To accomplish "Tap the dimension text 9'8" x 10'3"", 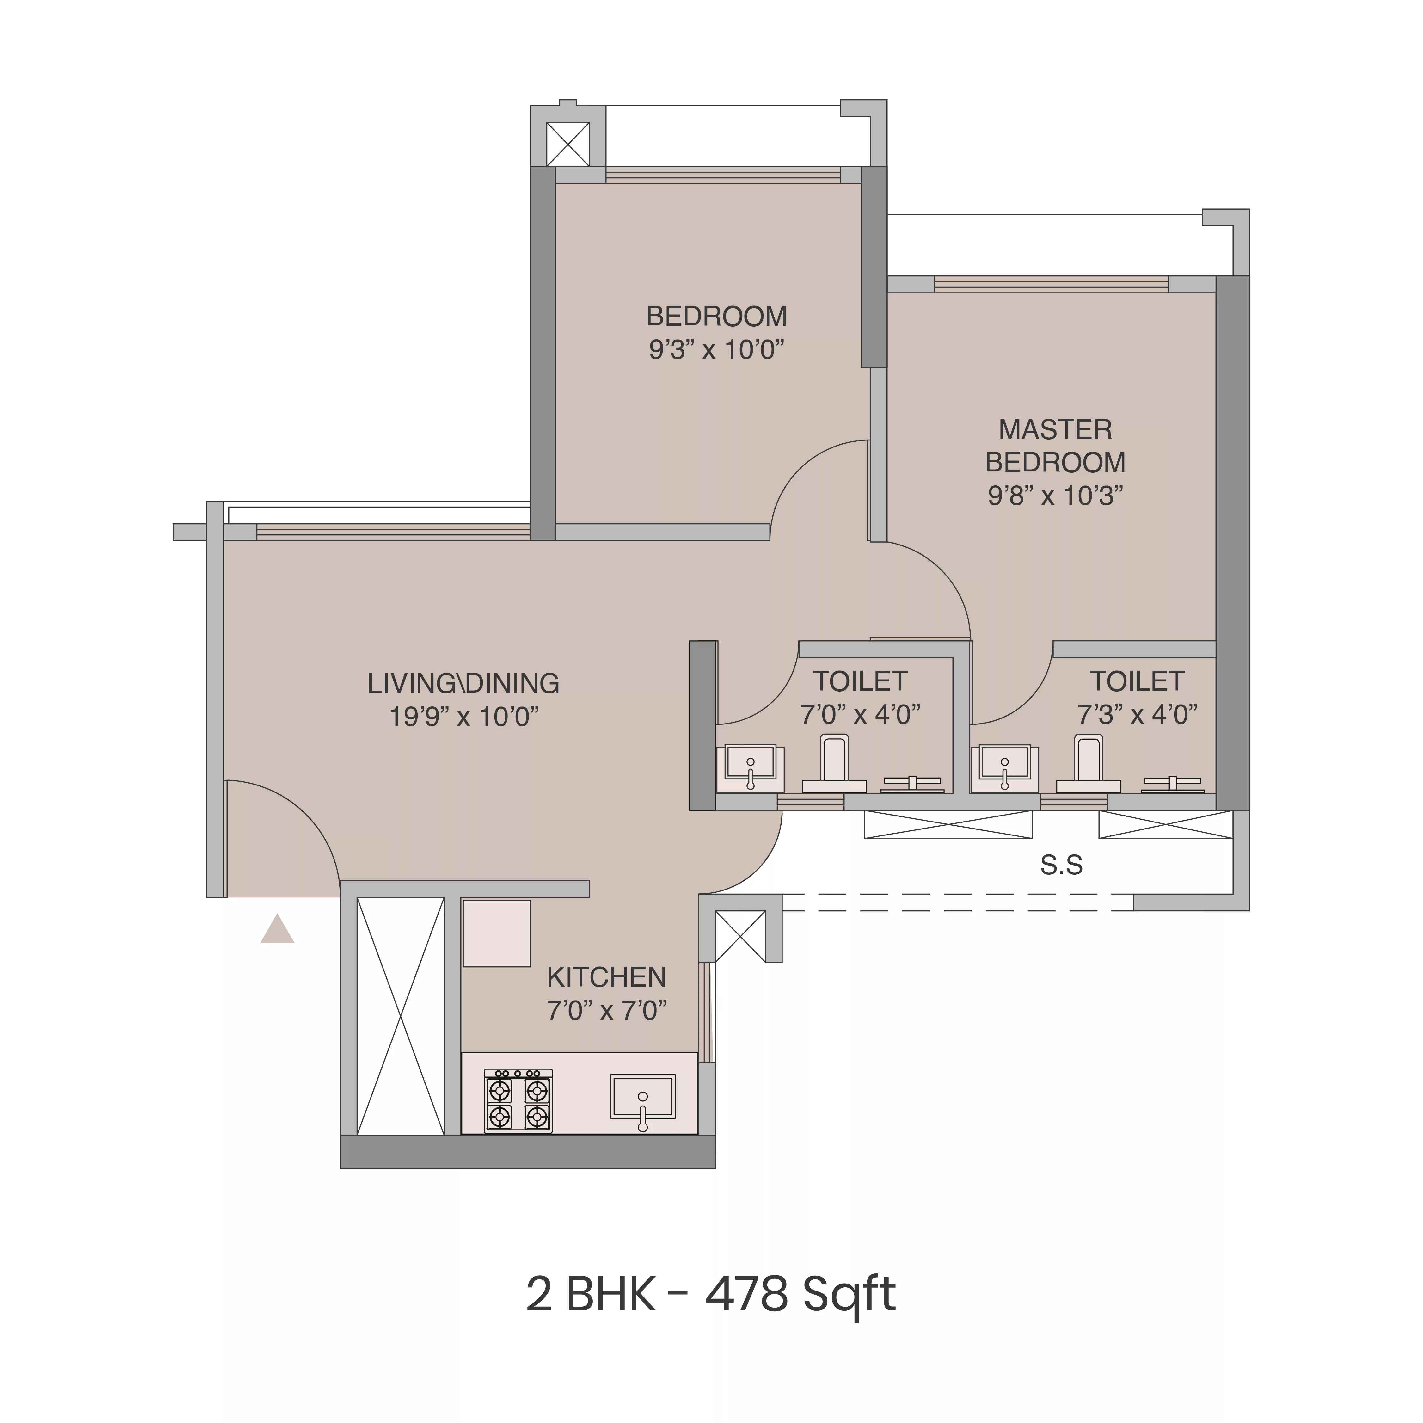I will (1055, 496).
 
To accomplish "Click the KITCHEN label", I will (606, 977).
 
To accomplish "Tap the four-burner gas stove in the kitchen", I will (518, 1100).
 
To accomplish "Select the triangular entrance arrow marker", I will (277, 930).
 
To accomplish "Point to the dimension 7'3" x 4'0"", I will (1137, 714).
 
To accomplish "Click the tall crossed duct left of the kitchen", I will (400, 1016).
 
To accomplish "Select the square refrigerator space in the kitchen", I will (496, 933).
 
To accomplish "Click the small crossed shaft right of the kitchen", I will (739, 936).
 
